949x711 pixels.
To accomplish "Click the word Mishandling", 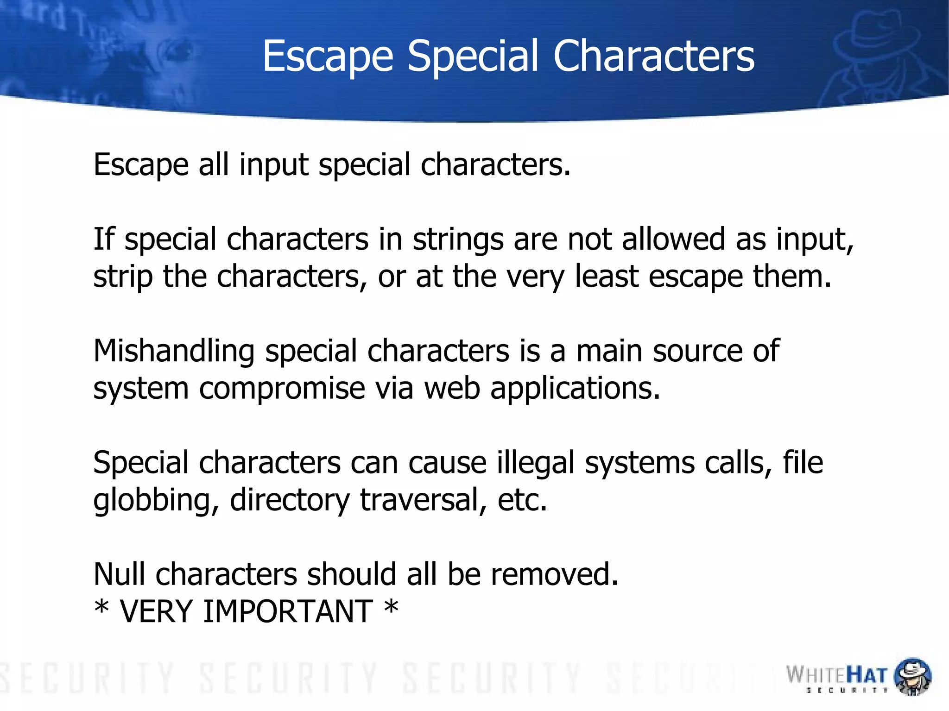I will click(174, 351).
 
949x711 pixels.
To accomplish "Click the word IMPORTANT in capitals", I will click(288, 611).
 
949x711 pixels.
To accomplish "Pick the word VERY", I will click(156, 611).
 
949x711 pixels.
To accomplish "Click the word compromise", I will click(282, 389).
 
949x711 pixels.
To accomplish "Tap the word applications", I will click(575, 389).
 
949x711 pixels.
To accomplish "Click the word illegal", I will click(536, 463).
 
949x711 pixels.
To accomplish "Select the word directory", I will click(290, 501).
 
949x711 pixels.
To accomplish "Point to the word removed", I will click(555, 574).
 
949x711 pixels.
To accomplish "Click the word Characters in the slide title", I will click(654, 56).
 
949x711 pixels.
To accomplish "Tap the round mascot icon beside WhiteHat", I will click(912, 676).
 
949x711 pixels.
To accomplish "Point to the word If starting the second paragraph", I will click(103, 239).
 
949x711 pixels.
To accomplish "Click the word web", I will click(452, 388).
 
